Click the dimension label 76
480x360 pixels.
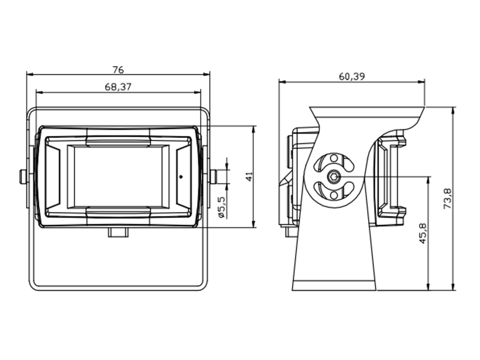(118, 70)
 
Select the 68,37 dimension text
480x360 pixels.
(118, 87)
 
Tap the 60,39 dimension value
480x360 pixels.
(352, 76)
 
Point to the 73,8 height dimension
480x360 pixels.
(447, 198)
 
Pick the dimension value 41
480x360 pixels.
(249, 176)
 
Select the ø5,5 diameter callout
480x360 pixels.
(222, 207)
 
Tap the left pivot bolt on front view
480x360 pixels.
(22, 177)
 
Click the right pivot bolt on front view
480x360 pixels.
(214, 177)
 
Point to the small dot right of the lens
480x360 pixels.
(181, 177)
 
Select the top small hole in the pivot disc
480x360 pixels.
(334, 158)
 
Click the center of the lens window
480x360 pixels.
(118, 176)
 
